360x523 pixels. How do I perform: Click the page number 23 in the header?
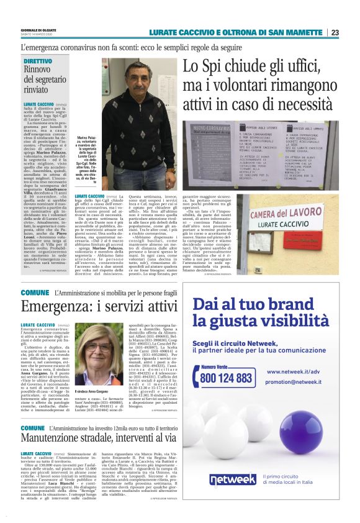click(x=335, y=32)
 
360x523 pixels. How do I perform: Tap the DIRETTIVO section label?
click(x=38, y=61)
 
